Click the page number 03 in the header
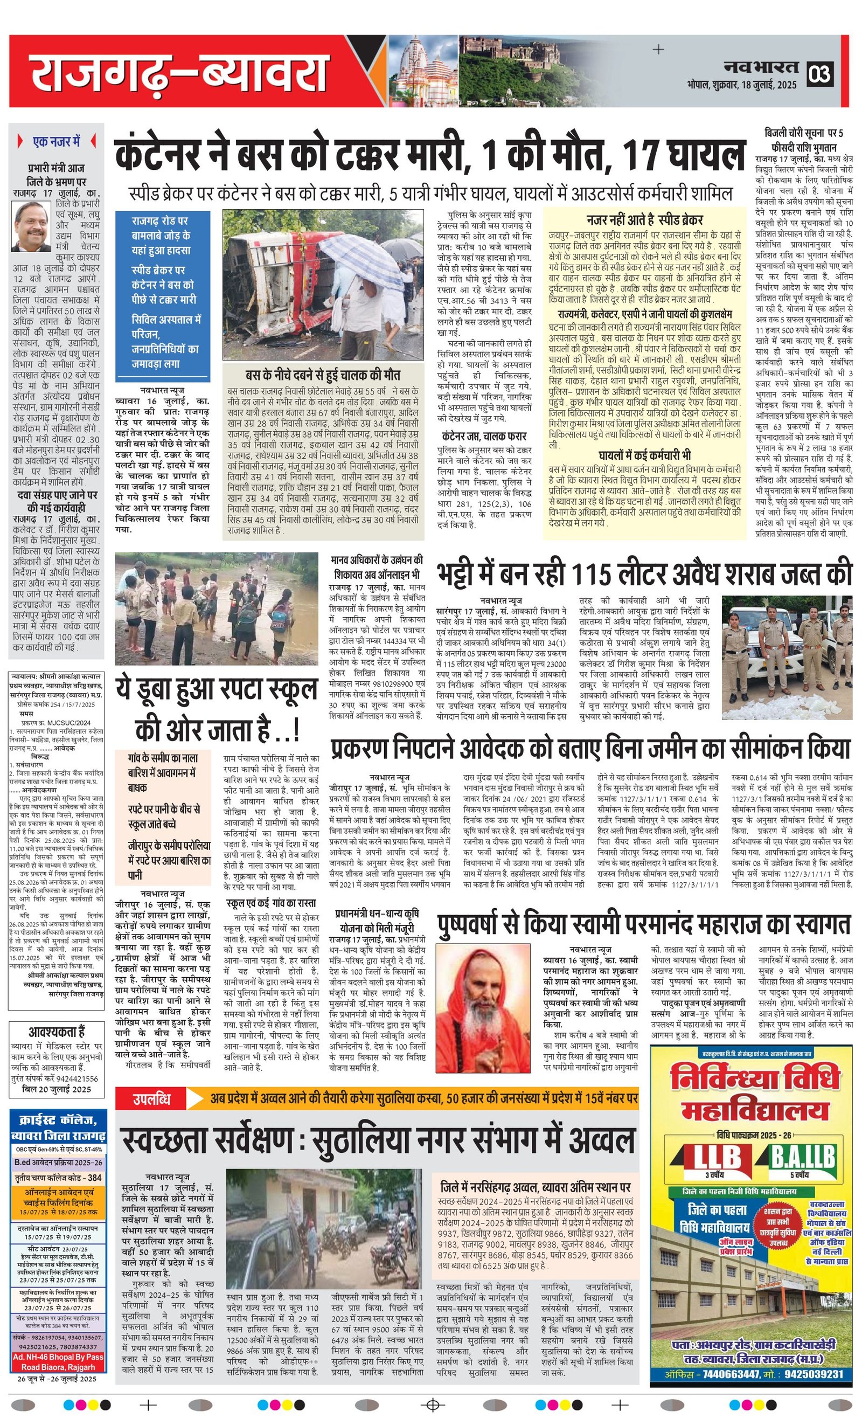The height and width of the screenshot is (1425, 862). point(821,74)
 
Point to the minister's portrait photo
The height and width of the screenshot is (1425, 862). point(31,226)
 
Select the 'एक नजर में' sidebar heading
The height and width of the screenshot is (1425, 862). point(56,141)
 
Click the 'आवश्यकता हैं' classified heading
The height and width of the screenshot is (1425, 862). point(57,1032)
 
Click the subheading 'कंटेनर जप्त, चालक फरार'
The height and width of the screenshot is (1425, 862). point(483,435)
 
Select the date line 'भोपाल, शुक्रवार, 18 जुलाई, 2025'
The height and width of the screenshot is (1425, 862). point(742,85)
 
